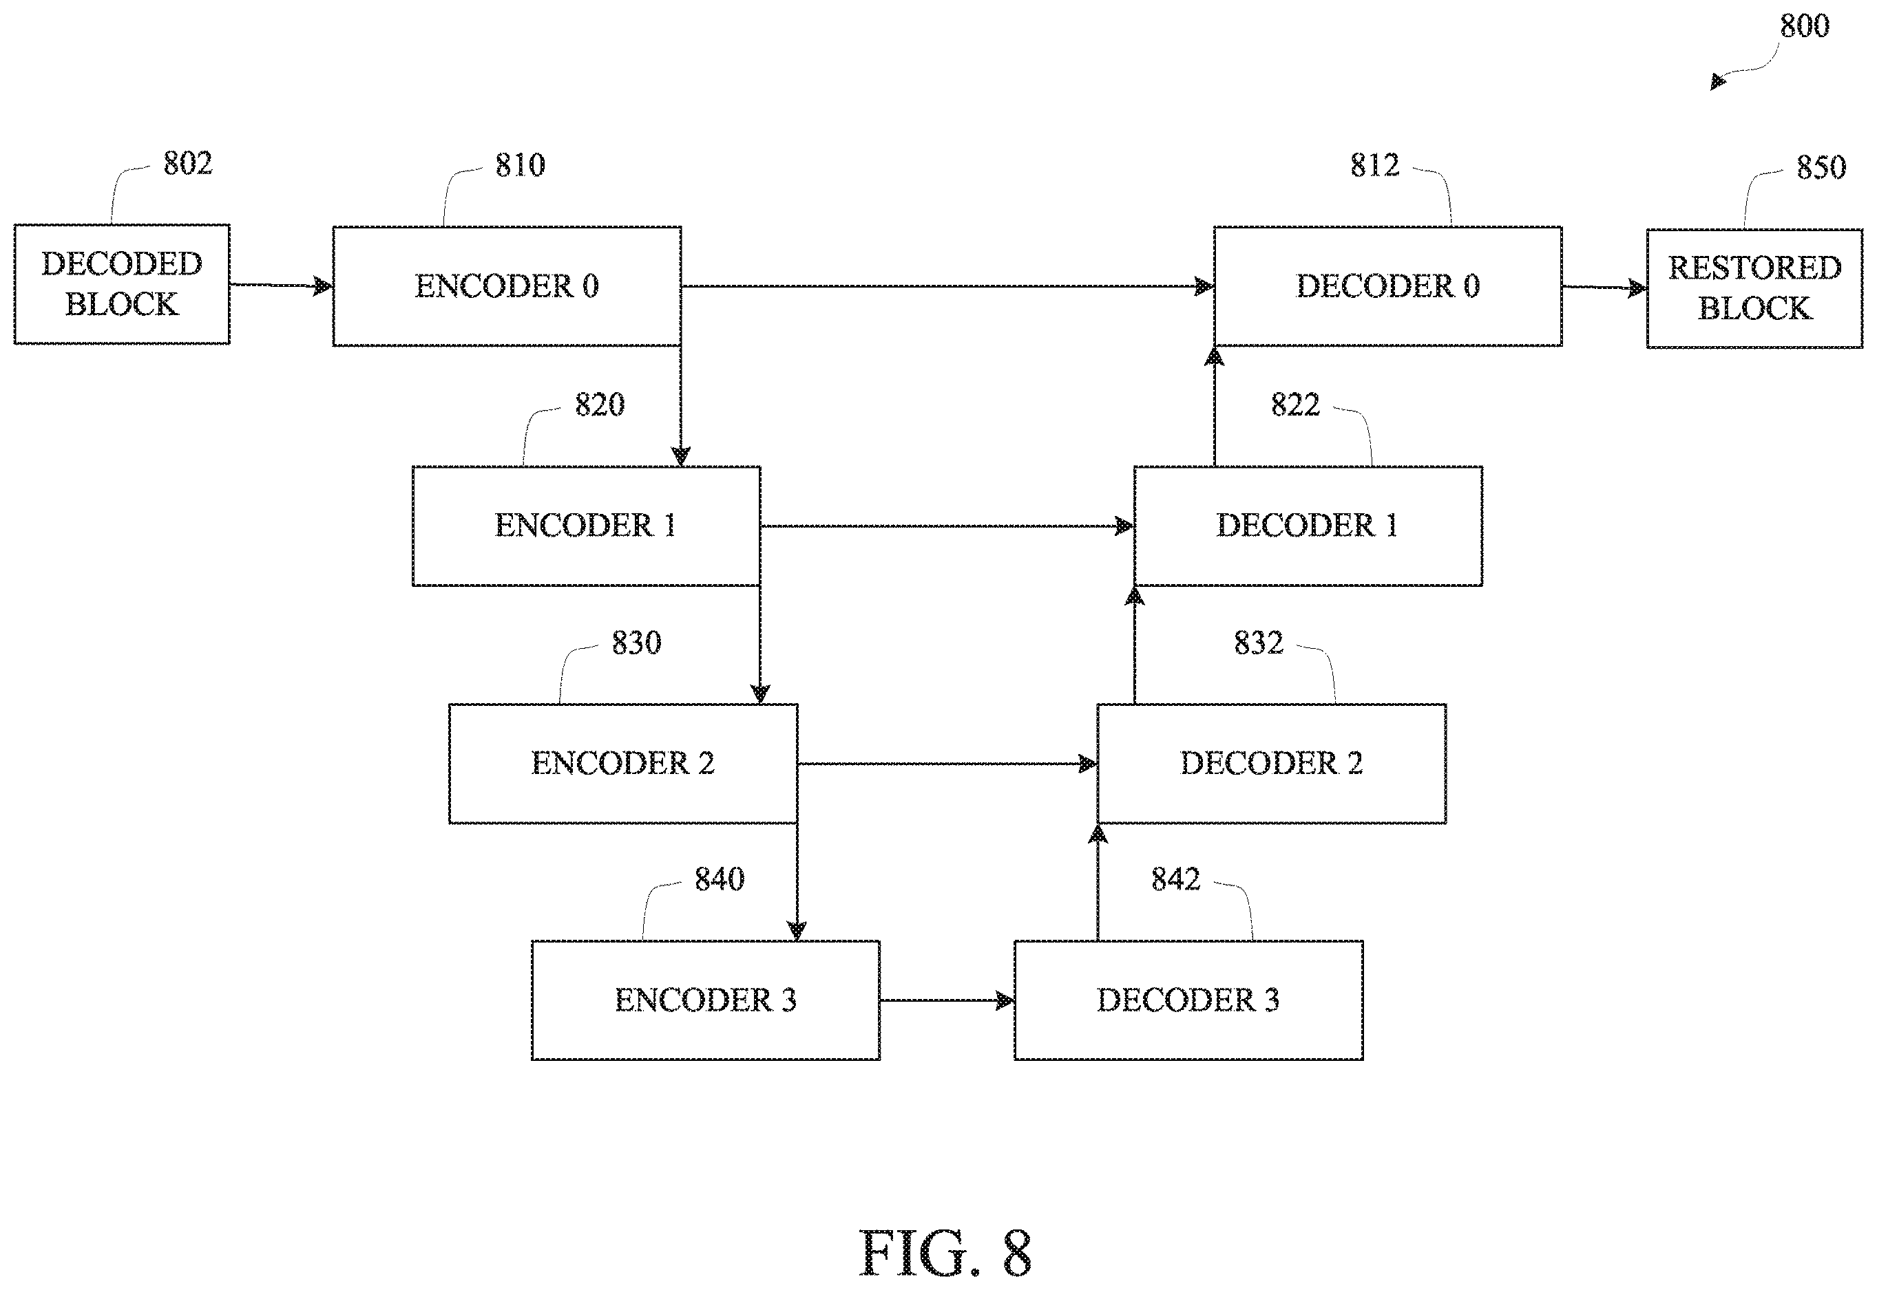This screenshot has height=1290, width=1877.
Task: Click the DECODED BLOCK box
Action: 122,285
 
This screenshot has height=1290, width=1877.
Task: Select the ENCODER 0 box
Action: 507,286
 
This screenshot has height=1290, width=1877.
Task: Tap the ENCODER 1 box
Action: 587,526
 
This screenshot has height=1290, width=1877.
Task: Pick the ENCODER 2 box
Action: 624,764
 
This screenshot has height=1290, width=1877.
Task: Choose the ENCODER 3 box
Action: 706,1000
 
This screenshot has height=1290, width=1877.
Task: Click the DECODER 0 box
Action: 1387,286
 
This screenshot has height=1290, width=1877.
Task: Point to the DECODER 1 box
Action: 1308,526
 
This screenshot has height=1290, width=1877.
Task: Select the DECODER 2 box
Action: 1272,764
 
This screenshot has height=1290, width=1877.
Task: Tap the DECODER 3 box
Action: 1189,1000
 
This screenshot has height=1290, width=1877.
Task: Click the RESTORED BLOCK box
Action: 1755,288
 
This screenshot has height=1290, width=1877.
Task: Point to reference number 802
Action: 187,163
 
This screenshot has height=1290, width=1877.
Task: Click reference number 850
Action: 1821,167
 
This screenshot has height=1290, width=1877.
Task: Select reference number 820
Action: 599,404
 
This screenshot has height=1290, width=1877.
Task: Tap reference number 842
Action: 1176,879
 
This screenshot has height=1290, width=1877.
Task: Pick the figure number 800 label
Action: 1805,26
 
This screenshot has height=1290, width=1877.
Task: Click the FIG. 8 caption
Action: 945,1252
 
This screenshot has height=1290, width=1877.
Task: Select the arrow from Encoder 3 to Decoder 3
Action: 947,1000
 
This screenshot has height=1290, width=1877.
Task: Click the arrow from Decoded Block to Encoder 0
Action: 282,286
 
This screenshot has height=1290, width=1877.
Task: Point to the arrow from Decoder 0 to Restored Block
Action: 1604,287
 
